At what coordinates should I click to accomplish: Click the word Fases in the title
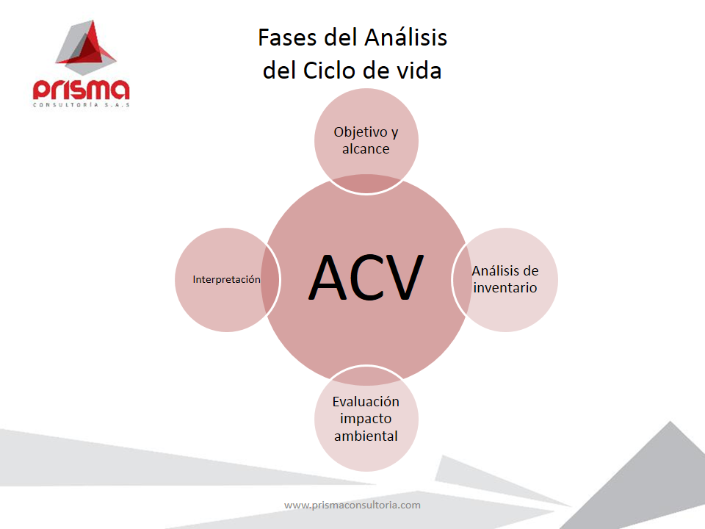(287, 37)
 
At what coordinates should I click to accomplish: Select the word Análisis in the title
(405, 37)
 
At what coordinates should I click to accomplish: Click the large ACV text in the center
(366, 277)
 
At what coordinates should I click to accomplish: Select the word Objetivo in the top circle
(361, 132)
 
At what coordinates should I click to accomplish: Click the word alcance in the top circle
(366, 149)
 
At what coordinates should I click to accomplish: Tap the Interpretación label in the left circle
(227, 279)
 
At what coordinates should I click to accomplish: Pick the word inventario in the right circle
(505, 287)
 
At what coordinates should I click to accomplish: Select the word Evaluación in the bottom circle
(366, 401)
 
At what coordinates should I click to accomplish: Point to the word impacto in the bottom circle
(366, 419)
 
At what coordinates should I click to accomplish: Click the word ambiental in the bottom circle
(366, 436)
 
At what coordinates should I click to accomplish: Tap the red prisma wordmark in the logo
(82, 89)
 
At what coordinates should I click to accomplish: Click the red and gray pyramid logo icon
(86, 47)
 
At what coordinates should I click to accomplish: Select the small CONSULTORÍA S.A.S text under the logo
(82, 105)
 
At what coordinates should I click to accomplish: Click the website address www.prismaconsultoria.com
(352, 505)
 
